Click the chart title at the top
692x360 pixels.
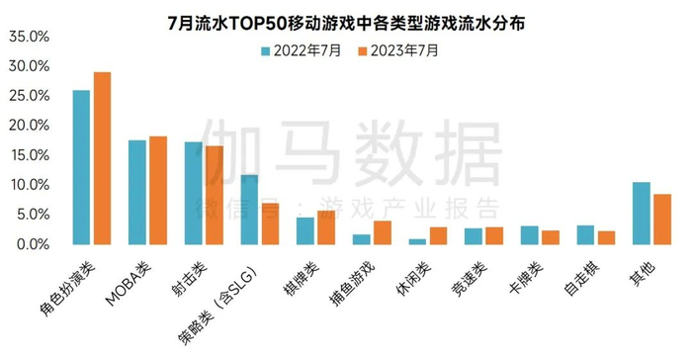[x=346, y=18]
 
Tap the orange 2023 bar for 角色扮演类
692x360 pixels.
[x=102, y=158]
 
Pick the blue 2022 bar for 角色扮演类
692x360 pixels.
[x=82, y=167]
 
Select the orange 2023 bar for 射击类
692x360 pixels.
[x=214, y=195]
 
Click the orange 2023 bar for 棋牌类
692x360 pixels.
[x=325, y=227]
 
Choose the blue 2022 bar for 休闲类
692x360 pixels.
[x=418, y=241]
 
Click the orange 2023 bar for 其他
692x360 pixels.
[x=661, y=219]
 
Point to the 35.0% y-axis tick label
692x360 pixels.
[x=29, y=37]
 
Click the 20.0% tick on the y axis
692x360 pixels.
[x=29, y=126]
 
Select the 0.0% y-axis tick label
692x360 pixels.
[x=32, y=244]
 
